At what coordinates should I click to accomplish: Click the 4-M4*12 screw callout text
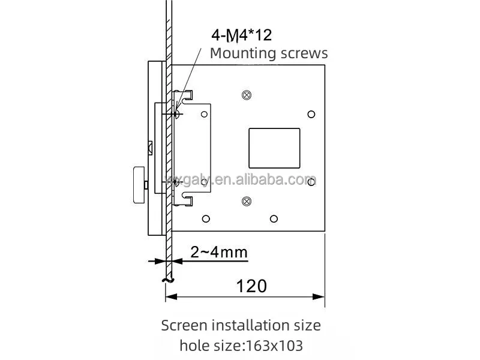(x=242, y=35)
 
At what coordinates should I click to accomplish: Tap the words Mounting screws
(x=269, y=53)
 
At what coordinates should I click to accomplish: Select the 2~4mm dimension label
(x=219, y=252)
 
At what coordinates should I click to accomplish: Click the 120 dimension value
(x=251, y=286)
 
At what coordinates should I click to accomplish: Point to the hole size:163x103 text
(x=241, y=346)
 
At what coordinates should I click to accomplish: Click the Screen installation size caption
(x=241, y=325)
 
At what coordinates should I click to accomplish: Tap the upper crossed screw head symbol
(x=247, y=95)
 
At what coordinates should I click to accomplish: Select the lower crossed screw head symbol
(x=247, y=201)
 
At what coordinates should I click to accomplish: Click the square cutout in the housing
(x=274, y=148)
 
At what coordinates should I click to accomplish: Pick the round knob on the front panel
(x=139, y=185)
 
